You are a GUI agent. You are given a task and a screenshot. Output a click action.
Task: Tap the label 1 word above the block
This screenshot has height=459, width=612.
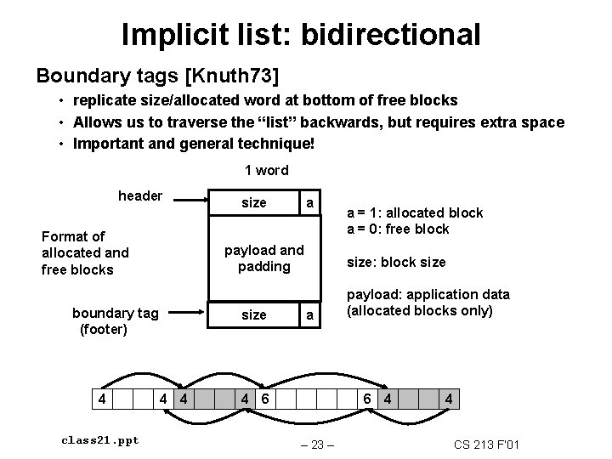point(266,170)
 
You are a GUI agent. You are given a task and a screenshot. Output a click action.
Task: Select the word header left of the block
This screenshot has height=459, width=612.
point(140,195)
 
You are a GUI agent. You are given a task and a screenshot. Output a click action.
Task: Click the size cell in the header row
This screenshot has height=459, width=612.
point(253,203)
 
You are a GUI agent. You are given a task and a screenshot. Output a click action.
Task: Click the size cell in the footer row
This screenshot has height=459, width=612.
point(253,314)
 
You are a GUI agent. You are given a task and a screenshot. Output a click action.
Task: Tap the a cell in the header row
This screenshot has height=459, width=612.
point(310,203)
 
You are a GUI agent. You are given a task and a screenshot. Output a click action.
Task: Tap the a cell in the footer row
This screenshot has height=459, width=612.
point(310,314)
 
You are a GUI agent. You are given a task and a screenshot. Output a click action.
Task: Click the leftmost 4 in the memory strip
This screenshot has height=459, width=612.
point(103,398)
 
